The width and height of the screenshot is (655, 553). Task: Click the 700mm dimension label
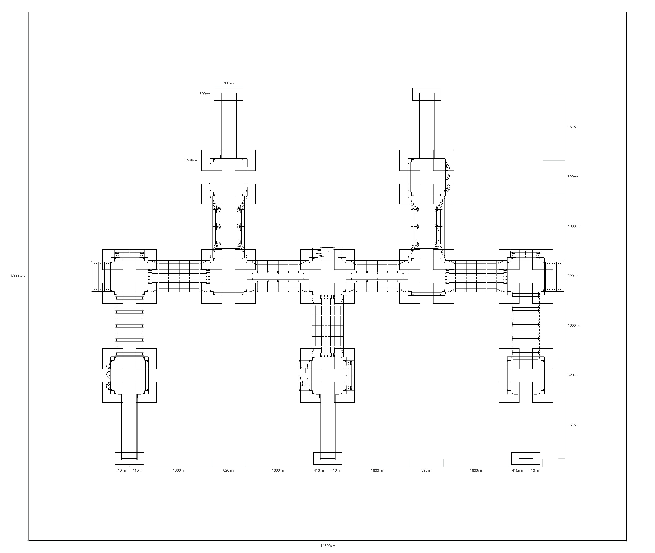[228, 83]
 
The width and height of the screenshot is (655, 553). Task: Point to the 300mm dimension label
[205, 94]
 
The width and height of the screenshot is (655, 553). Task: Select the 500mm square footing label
[192, 160]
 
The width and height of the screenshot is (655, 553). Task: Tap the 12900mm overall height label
[18, 276]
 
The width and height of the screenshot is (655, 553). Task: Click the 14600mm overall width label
[328, 546]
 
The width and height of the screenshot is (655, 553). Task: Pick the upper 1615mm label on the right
[574, 127]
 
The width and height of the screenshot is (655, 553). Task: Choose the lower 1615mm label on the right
[574, 425]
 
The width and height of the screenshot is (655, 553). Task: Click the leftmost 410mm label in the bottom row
[121, 470]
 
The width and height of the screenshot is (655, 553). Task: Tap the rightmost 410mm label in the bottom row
[534, 470]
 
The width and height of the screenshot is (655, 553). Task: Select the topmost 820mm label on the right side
[573, 177]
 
